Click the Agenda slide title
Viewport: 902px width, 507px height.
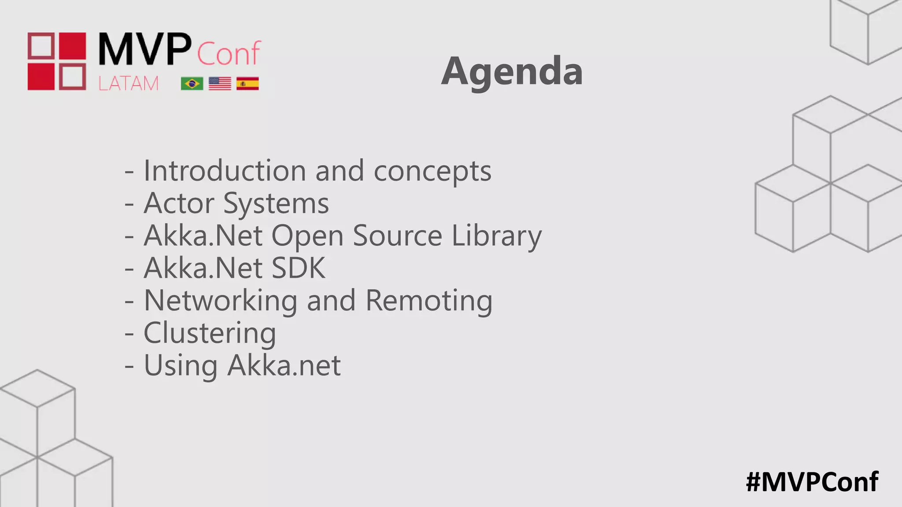pyautogui.click(x=512, y=71)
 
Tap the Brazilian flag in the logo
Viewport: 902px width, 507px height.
pyautogui.click(x=192, y=83)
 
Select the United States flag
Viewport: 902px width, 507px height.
pyautogui.click(x=220, y=83)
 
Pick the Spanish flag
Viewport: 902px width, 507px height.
pyautogui.click(x=248, y=83)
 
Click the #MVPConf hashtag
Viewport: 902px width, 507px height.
pyautogui.click(x=812, y=482)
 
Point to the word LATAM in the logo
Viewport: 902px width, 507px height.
pyautogui.click(x=128, y=84)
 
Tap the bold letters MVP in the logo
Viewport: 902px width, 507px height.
pyautogui.click(x=145, y=49)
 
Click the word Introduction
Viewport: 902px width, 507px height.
pyautogui.click(x=225, y=171)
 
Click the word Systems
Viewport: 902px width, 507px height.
pyautogui.click(x=276, y=204)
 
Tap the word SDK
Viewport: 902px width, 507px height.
pyautogui.click(x=299, y=268)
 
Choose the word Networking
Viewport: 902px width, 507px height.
pyautogui.click(x=221, y=301)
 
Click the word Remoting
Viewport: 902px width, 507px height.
pyautogui.click(x=429, y=301)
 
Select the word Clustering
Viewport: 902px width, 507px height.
pyautogui.click(x=210, y=334)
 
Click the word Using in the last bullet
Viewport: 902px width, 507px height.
pyautogui.click(x=181, y=366)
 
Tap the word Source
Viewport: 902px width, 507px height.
pyautogui.click(x=397, y=236)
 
